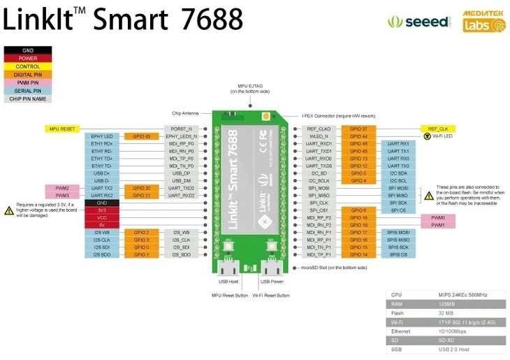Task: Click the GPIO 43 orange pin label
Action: [142, 136]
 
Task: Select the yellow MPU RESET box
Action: [62, 129]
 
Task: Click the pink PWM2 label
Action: [62, 189]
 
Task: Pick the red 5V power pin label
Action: [102, 224]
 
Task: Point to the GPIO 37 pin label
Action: [358, 129]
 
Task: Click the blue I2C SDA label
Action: [398, 173]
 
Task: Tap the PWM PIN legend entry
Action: [28, 82]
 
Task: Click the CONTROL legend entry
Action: [28, 66]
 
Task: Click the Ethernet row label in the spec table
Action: [402, 331]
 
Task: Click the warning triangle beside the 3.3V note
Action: [8, 209]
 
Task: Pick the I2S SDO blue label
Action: [102, 254]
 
